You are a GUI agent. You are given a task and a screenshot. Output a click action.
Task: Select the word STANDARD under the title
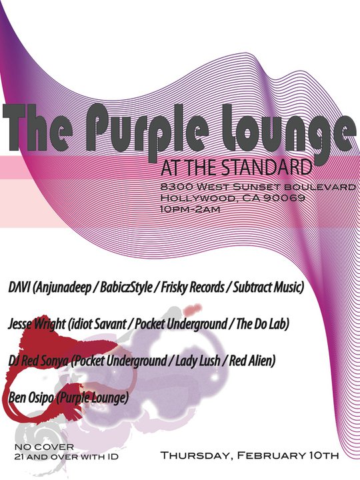point(267,167)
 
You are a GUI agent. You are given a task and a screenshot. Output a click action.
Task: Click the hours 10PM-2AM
point(190,209)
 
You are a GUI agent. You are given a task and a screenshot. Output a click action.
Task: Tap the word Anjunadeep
point(64,288)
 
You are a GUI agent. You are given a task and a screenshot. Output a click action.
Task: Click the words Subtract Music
point(269,287)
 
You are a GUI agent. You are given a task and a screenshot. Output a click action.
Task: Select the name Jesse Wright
point(37,325)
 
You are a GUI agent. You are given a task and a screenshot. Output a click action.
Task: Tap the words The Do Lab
point(263,324)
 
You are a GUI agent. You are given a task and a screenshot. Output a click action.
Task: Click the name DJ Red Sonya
point(38,361)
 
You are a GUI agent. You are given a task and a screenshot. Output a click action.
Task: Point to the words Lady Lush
point(197,361)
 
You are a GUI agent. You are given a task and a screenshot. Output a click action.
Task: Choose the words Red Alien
point(252,361)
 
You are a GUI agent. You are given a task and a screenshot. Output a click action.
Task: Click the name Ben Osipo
point(31,398)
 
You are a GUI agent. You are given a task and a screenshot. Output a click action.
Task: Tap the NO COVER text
point(45,447)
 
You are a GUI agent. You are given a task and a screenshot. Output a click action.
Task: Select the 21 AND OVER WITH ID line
point(67,457)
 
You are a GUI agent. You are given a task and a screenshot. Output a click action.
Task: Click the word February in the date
point(270,455)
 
